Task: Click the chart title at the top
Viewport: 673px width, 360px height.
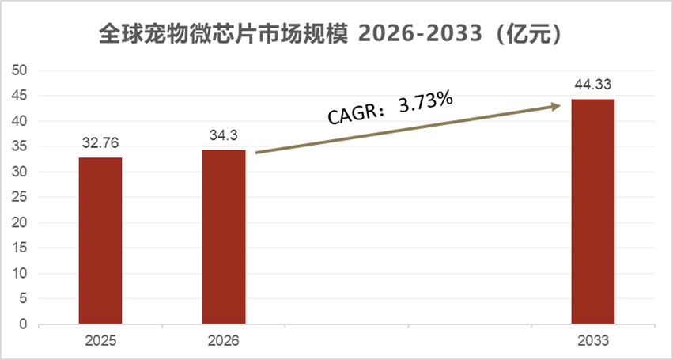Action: click(336, 35)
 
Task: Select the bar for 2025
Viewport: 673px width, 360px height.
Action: click(100, 241)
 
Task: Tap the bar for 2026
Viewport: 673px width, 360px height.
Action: click(224, 237)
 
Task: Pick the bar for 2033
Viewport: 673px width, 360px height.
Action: click(592, 211)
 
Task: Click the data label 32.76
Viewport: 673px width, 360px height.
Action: click(100, 144)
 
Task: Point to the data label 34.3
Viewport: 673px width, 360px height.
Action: click(224, 136)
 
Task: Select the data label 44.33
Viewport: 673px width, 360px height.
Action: click(592, 85)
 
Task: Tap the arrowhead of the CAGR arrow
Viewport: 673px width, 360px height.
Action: click(556, 104)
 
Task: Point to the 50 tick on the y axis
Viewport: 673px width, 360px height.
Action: click(21, 70)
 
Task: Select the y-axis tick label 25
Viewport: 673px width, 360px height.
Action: click(21, 198)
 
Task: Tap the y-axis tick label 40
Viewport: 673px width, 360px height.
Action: click(21, 121)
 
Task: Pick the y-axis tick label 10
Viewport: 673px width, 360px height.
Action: click(21, 274)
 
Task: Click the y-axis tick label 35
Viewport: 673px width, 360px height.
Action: click(21, 146)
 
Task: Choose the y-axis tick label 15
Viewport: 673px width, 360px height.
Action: click(21, 248)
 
